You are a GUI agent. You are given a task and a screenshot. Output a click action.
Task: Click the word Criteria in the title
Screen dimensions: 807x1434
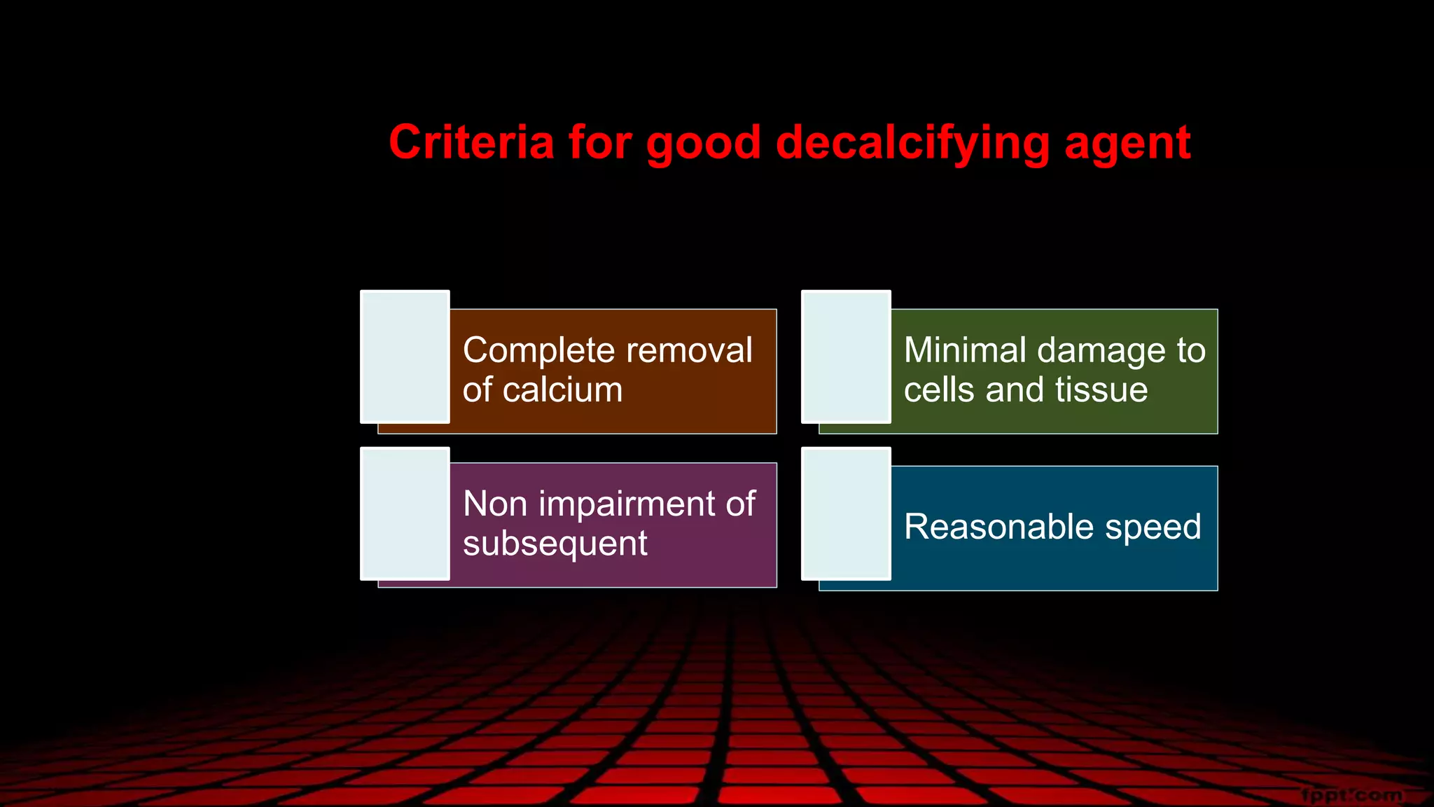click(471, 142)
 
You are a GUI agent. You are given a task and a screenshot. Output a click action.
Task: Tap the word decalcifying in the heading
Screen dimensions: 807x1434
click(912, 144)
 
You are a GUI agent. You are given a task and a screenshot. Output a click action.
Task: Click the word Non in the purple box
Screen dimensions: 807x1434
click(495, 504)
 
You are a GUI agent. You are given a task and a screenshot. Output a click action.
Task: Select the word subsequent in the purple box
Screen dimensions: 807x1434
click(555, 544)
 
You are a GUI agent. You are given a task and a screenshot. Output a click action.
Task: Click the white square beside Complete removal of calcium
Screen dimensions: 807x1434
click(405, 357)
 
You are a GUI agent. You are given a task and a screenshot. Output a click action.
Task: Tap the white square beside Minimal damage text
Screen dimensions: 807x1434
click(846, 357)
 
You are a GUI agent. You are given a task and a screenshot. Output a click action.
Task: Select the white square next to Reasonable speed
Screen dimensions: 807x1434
click(846, 513)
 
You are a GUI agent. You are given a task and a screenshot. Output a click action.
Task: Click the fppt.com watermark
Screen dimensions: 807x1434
click(1352, 795)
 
